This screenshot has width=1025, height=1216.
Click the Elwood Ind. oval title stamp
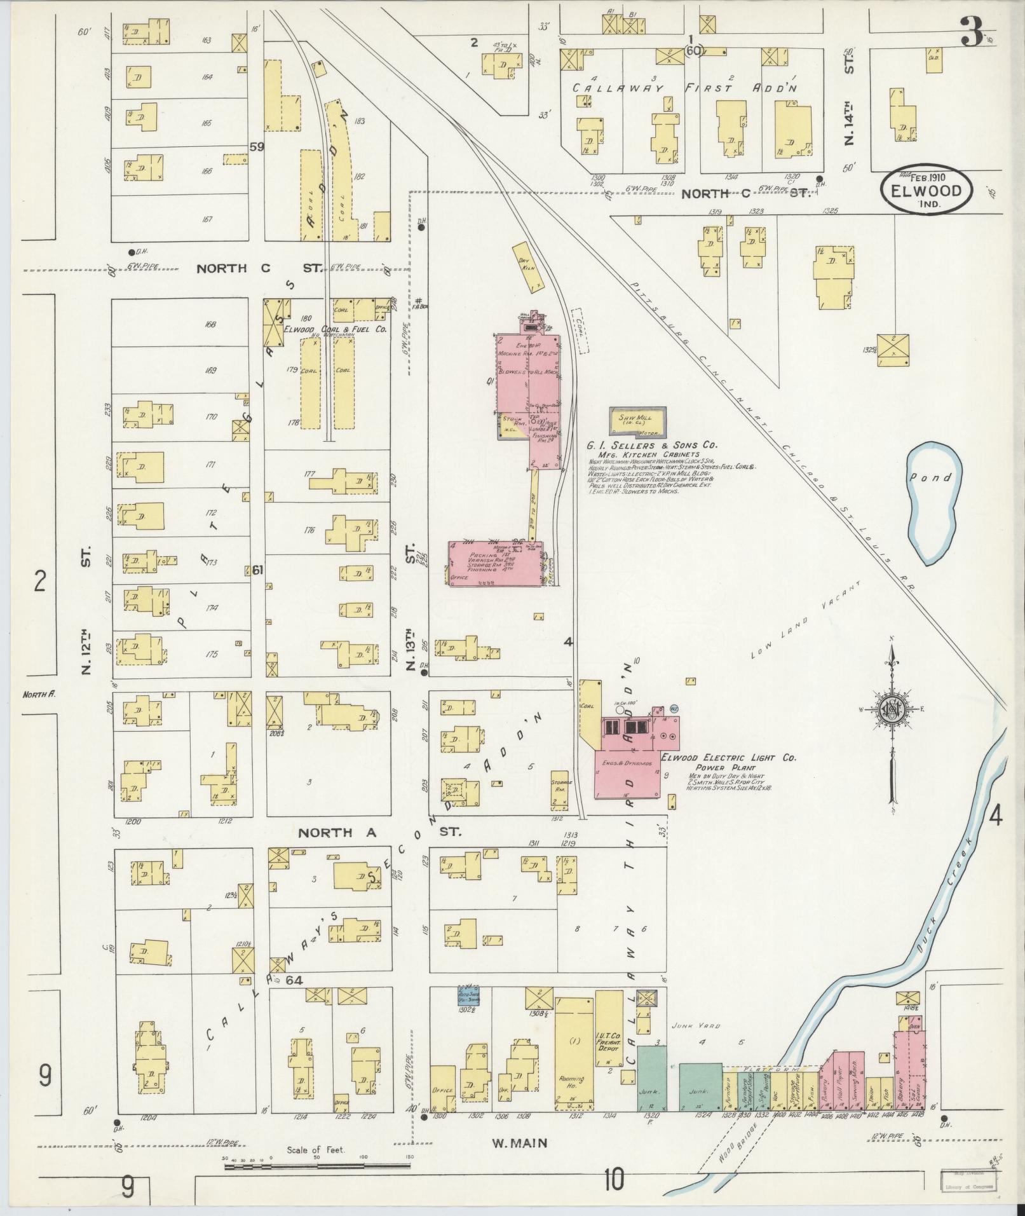pyautogui.click(x=926, y=189)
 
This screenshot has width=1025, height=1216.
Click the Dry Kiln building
pyautogui.click(x=529, y=266)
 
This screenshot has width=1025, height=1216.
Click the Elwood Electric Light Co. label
pyautogui.click(x=728, y=758)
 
